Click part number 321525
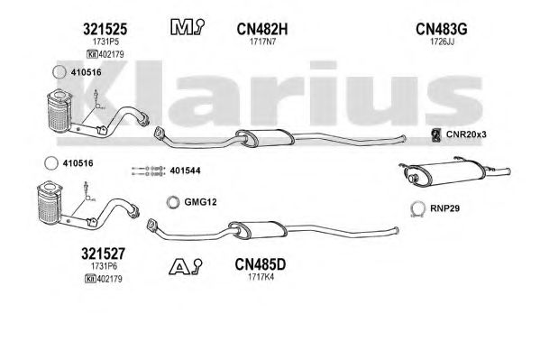click(105, 29)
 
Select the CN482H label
click(262, 29)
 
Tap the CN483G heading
click(442, 29)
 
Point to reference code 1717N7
click(262, 42)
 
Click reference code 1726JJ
click(442, 42)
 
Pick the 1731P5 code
click(105, 42)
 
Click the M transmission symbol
click(187, 27)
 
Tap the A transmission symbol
click(186, 266)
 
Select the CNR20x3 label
click(466, 134)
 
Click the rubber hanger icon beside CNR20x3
click(436, 134)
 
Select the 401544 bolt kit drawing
click(149, 171)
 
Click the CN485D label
click(261, 265)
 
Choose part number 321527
click(103, 254)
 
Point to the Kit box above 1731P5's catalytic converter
click(91, 54)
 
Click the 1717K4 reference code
click(261, 277)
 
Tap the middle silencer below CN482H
click(265, 137)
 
